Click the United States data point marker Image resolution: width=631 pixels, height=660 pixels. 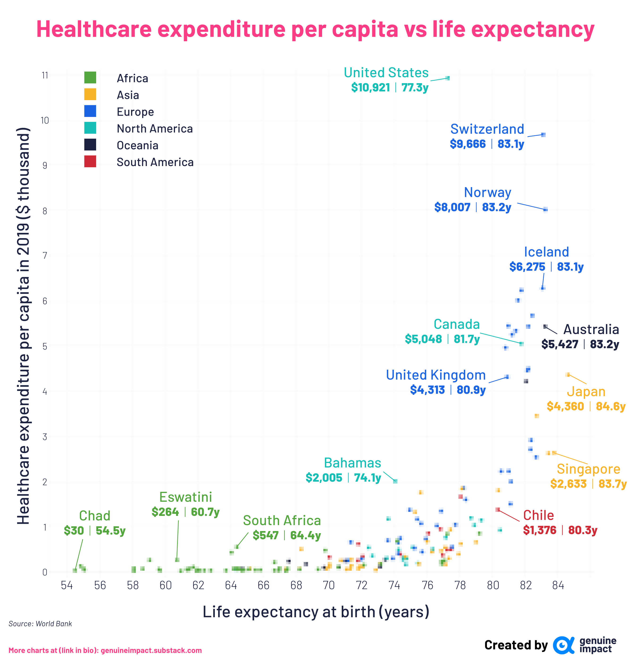(447, 78)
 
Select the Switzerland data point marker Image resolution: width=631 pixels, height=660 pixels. (543, 135)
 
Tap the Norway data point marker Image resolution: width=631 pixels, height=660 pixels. (545, 210)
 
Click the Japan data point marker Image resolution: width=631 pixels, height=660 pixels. (568, 374)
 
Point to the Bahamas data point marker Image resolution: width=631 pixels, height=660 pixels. (395, 481)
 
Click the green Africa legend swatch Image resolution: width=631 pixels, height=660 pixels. (90, 78)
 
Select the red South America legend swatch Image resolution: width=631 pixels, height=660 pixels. (90, 162)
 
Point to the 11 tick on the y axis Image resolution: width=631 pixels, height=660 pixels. (45, 75)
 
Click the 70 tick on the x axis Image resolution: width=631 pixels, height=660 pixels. (329, 585)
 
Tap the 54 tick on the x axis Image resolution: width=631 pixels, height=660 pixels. (67, 585)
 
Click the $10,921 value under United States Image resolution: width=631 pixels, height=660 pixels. (370, 87)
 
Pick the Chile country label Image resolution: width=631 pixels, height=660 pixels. (538, 515)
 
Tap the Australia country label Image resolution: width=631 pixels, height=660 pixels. (591, 329)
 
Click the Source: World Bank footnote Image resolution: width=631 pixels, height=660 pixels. (40, 624)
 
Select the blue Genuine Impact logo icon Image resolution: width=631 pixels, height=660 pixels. (563, 645)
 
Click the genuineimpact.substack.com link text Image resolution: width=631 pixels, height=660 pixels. (151, 650)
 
